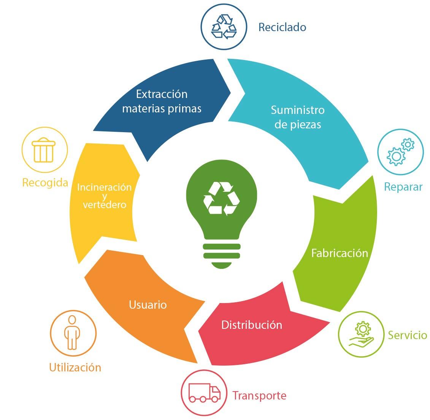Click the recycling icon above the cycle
224,27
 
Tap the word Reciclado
282,27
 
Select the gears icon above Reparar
400,152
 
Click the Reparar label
403,187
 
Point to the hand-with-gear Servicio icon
362,335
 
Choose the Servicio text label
407,335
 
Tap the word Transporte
259,396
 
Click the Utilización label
75,367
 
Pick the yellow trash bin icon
44,150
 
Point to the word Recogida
45,183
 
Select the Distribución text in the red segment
252,325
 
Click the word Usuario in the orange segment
148,305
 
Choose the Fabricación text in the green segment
340,253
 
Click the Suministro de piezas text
298,117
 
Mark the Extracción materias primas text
162,101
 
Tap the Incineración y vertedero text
105,196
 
